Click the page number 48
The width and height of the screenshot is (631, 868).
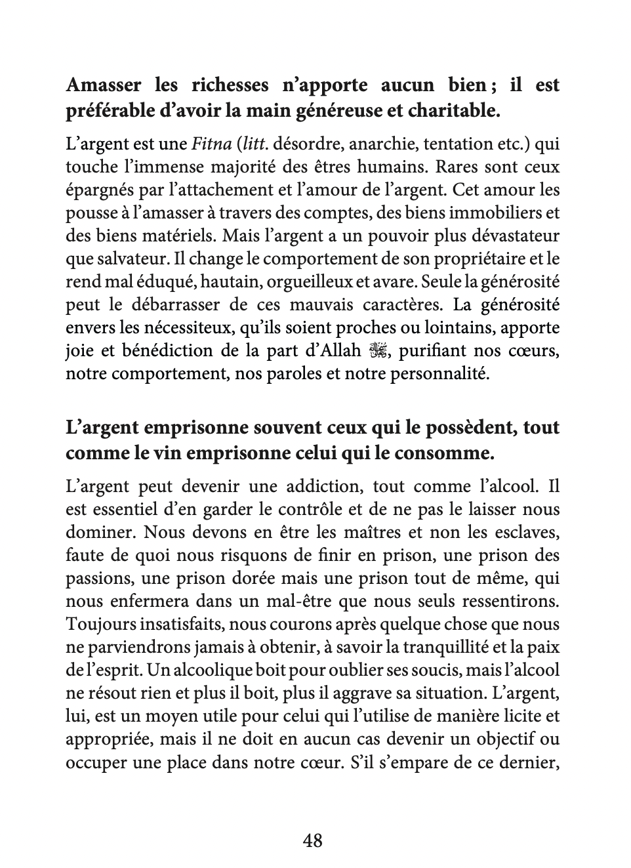coord(313,840)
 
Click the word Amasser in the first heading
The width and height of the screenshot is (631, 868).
coord(104,85)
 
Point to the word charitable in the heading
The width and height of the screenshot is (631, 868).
coord(453,111)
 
